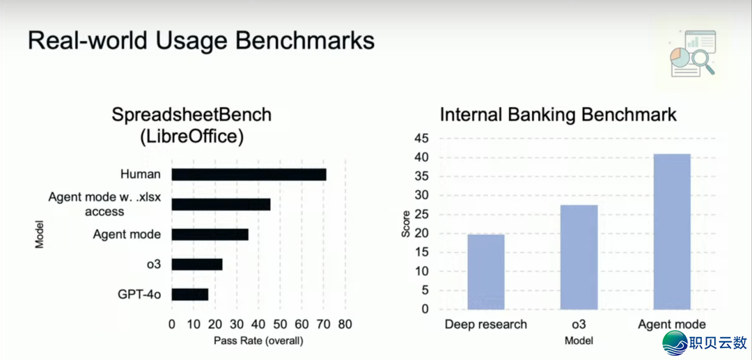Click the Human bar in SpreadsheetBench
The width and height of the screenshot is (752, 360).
(x=249, y=175)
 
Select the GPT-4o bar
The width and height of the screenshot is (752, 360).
(x=190, y=295)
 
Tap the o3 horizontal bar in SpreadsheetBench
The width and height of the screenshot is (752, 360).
(x=197, y=265)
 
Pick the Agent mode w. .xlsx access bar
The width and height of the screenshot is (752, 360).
(x=221, y=205)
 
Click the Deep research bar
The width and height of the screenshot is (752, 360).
(x=486, y=272)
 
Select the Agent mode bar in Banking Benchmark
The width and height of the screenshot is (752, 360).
(x=672, y=232)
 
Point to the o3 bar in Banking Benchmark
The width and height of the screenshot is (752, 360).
(x=579, y=258)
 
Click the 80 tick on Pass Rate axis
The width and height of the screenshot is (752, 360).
(x=345, y=324)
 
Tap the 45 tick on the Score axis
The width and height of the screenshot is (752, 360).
(x=423, y=139)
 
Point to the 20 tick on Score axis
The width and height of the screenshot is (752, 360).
(x=423, y=234)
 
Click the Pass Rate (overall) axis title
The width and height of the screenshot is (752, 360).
(x=258, y=341)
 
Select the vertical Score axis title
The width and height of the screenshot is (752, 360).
(x=406, y=224)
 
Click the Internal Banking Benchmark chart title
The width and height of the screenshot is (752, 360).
(x=558, y=116)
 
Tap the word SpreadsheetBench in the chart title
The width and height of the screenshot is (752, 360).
(x=191, y=116)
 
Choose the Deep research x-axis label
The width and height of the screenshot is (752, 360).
(x=486, y=324)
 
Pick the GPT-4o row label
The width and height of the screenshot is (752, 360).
(x=139, y=295)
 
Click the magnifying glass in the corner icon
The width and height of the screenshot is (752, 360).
(x=703, y=62)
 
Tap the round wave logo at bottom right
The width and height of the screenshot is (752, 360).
(x=675, y=343)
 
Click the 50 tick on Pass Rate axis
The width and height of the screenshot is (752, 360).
(x=280, y=324)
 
